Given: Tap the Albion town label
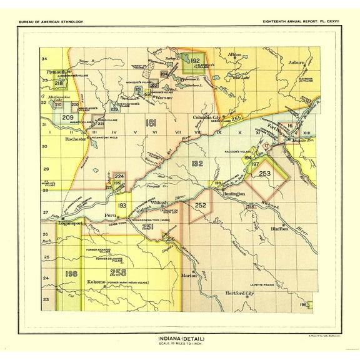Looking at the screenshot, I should pyautogui.click(x=234, y=54).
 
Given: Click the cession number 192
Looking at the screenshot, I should pyautogui.click(x=195, y=61).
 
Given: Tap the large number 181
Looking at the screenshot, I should pyautogui.click(x=150, y=122).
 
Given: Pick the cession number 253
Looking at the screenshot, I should pyautogui.click(x=265, y=174).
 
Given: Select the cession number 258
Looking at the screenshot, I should pyautogui.click(x=117, y=272).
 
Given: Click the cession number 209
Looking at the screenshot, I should pyautogui.click(x=68, y=117).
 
